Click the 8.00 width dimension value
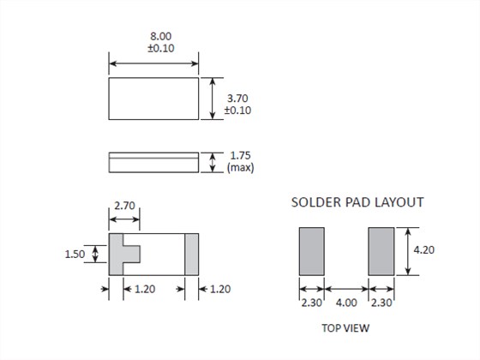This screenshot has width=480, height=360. (x=161, y=36)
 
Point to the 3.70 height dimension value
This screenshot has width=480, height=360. (x=237, y=99)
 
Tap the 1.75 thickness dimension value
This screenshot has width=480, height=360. (x=240, y=155)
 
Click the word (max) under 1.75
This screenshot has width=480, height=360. (x=241, y=168)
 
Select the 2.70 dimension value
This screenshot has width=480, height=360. (x=124, y=206)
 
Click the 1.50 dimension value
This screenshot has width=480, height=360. (x=75, y=254)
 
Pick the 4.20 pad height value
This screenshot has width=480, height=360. (x=424, y=250)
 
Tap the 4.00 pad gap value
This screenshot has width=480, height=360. (x=346, y=303)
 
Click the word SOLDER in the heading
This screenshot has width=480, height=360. (x=316, y=202)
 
